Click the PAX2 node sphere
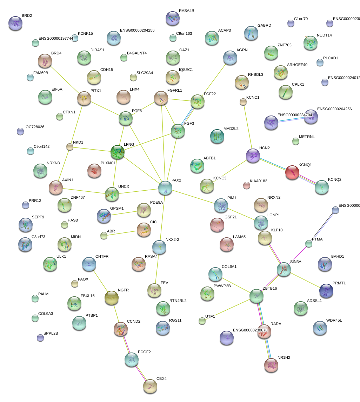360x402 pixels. [165, 188]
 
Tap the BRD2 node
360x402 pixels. [15, 23]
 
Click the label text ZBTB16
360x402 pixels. [270, 288]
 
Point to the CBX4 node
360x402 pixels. [150, 386]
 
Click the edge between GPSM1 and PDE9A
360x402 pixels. [124, 213]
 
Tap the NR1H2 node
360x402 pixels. [271, 365]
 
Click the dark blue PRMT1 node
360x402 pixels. [326, 290]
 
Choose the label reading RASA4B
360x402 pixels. [186, 11]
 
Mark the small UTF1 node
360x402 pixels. [202, 321]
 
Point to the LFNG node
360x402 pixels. [117, 152]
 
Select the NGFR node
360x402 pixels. [112, 298]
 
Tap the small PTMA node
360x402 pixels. [308, 244]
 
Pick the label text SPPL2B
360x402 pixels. [51, 333]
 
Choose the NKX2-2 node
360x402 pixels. [159, 247]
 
